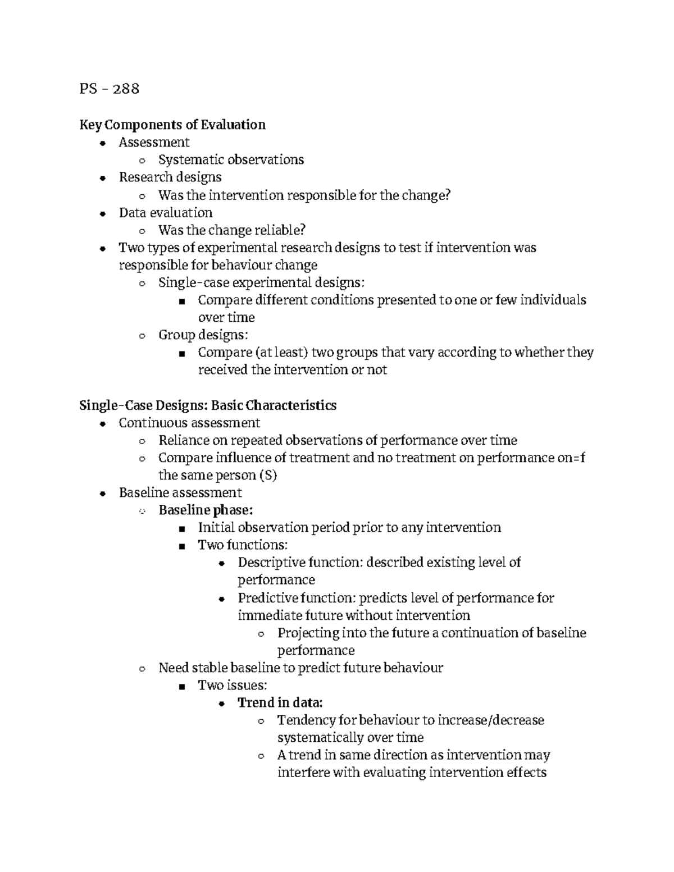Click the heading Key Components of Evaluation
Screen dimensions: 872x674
[x=172, y=124]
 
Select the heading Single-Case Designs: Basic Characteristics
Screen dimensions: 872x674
[x=208, y=405]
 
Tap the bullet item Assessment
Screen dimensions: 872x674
[x=154, y=142]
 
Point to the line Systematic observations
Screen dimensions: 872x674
[x=231, y=159]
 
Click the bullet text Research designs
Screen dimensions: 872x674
[x=170, y=177]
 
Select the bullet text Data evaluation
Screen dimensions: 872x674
[x=166, y=212]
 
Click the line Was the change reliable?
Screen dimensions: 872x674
[x=232, y=230]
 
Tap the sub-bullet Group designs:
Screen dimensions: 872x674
[x=203, y=335]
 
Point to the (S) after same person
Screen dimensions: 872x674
[x=267, y=475]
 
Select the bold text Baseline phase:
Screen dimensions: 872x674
[x=206, y=510]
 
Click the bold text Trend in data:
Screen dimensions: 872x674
[x=280, y=702]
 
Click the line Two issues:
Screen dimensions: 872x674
[x=232, y=685]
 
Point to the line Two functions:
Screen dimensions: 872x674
[x=243, y=545]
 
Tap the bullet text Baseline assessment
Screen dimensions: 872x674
[x=180, y=492]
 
